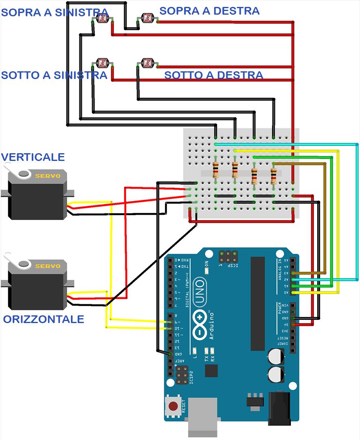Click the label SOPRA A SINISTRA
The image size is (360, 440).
[x=55, y=13]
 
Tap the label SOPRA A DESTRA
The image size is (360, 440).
[x=209, y=11]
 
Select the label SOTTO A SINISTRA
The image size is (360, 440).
[x=54, y=75]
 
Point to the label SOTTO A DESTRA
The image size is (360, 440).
[x=213, y=75]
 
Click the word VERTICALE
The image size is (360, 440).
[x=33, y=157]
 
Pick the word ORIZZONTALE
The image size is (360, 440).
[x=44, y=319]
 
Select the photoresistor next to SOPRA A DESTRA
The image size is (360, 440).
[x=147, y=17]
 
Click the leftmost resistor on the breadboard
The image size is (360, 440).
[x=215, y=169]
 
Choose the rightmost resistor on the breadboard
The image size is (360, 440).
[x=274, y=176]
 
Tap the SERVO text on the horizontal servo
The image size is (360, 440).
[x=48, y=266]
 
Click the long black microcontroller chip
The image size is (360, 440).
[x=257, y=304]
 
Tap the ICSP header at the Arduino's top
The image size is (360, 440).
[x=228, y=257]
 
